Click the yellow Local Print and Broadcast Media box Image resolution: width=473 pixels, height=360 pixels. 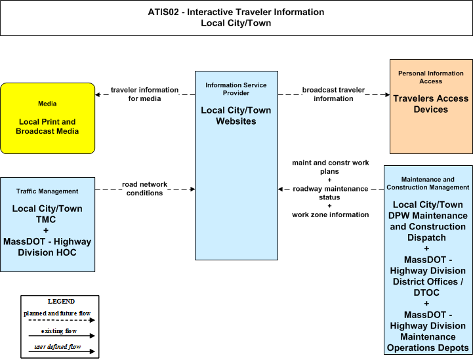(x=48, y=119)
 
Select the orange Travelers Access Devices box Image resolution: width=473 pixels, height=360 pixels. (x=431, y=106)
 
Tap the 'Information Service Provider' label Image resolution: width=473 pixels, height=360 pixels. (x=236, y=89)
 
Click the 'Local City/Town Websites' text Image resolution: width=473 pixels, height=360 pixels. (x=236, y=115)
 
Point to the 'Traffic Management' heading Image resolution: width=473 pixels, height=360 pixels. (x=47, y=191)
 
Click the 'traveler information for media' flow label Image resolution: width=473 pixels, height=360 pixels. (x=144, y=94)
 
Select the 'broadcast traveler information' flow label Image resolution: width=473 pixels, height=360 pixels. (x=333, y=94)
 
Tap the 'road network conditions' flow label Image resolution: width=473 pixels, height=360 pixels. (x=144, y=188)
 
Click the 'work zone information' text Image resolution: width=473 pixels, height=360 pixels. (x=331, y=214)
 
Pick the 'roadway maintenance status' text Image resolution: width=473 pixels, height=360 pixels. (x=330, y=193)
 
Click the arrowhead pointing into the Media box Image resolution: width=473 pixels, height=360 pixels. (x=98, y=94)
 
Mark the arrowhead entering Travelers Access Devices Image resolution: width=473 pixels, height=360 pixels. (x=387, y=94)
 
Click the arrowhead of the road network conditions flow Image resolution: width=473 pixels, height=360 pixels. (x=192, y=189)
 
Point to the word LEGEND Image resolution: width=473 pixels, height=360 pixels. (x=61, y=301)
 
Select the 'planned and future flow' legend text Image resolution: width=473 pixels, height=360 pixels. (x=57, y=313)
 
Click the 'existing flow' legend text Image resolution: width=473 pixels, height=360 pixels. (x=59, y=331)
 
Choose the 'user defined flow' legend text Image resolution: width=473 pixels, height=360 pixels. (x=57, y=347)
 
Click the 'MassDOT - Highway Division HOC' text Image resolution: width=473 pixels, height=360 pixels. (x=47, y=247)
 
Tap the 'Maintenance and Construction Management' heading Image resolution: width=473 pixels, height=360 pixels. (x=428, y=184)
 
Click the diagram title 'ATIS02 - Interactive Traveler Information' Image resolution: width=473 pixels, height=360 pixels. (x=236, y=12)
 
